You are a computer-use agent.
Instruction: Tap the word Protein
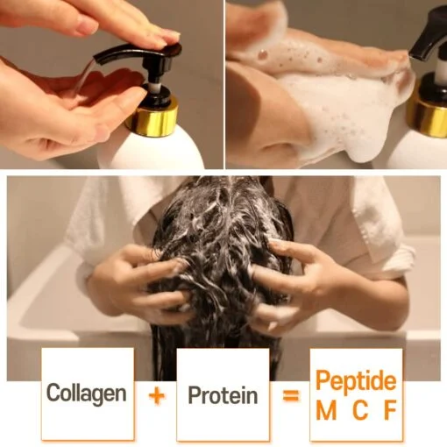[223, 395]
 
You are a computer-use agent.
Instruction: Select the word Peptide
[356, 382]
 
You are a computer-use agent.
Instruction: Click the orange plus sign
[156, 395]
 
